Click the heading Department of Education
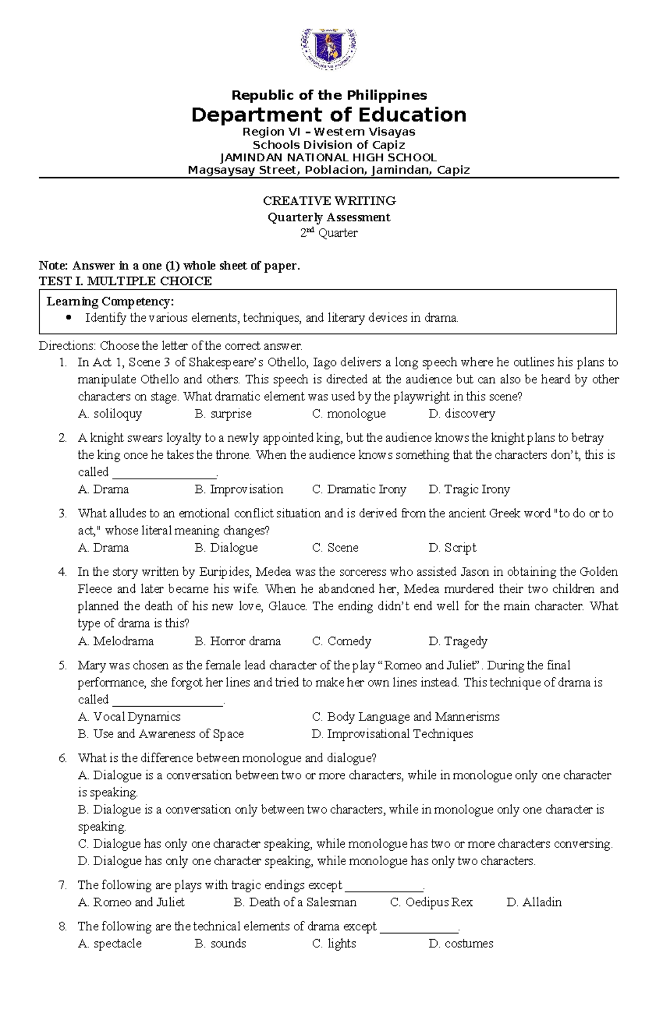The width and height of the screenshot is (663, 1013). click(329, 115)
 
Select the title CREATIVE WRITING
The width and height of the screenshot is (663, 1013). click(329, 200)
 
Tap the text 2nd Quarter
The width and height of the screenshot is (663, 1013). click(329, 233)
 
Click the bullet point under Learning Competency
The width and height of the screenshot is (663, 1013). click(69, 317)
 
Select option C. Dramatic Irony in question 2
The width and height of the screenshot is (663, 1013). click(359, 489)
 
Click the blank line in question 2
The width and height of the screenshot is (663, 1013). click(164, 473)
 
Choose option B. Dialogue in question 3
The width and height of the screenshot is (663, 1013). click(226, 548)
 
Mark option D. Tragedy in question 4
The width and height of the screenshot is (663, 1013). click(457, 641)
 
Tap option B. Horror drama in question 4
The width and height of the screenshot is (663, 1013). click(238, 641)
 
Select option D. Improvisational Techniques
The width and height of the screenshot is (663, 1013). click(392, 734)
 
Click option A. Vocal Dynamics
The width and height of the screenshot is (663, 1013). click(129, 717)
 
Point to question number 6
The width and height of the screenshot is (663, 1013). click(62, 758)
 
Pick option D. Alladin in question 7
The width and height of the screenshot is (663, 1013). click(534, 902)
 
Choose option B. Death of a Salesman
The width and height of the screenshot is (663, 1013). click(295, 902)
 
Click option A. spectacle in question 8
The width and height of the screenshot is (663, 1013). click(110, 943)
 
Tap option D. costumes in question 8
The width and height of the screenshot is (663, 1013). click(460, 943)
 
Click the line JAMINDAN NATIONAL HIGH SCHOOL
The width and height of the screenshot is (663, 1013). click(329, 157)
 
